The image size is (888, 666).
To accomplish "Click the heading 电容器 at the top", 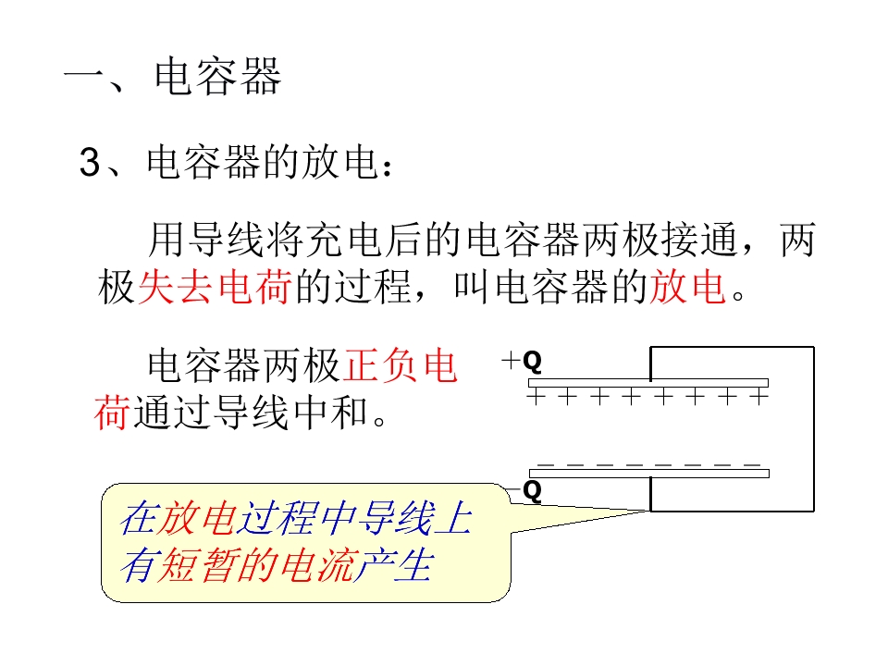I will click(218, 78).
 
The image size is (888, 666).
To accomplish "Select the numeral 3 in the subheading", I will click(90, 164).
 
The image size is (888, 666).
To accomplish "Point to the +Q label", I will click(522, 361).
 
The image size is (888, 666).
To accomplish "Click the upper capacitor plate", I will click(647, 383).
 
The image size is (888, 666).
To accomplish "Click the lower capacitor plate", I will click(647, 474).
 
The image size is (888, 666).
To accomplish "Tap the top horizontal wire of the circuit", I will click(732, 347).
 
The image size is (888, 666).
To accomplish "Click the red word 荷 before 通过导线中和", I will click(112, 412).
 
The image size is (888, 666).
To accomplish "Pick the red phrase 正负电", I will click(401, 367).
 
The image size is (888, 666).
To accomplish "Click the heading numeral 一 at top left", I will click(86, 78).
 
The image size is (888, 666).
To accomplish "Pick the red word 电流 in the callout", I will click(319, 567).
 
